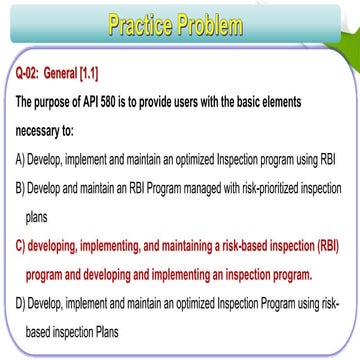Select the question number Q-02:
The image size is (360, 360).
pyautogui.click(x=32, y=73)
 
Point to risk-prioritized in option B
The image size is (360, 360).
pyautogui.click(x=261, y=186)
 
